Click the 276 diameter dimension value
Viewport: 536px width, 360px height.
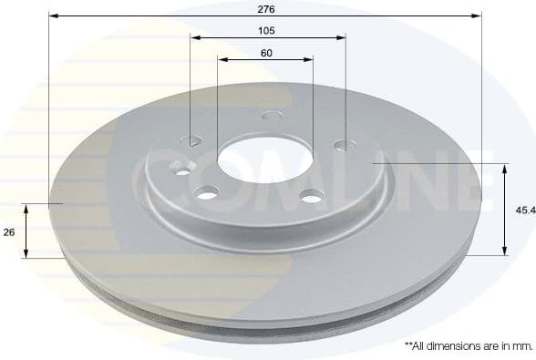click(x=267, y=8)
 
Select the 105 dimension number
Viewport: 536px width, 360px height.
click(x=267, y=30)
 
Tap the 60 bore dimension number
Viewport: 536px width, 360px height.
click(x=266, y=52)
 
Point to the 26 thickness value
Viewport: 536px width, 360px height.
click(x=9, y=232)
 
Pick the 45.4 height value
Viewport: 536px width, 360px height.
click(x=524, y=209)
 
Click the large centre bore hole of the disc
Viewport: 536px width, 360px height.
click(x=253, y=157)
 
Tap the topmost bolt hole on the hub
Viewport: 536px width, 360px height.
click(x=271, y=116)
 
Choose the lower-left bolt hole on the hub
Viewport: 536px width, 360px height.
click(x=208, y=192)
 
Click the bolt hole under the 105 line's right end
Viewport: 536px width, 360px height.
click(x=344, y=144)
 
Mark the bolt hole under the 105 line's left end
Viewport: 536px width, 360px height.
click(x=192, y=140)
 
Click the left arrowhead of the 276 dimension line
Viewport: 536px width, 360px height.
click(x=52, y=15)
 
